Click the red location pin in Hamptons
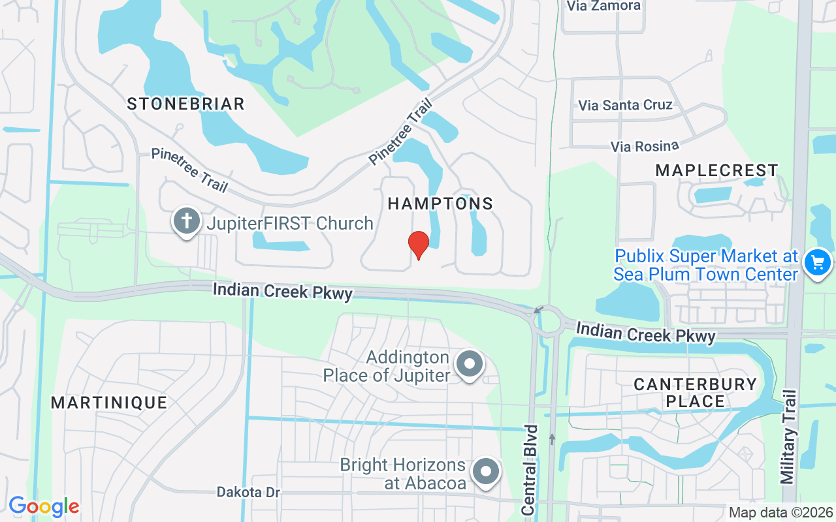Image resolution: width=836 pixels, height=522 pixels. click(x=419, y=244)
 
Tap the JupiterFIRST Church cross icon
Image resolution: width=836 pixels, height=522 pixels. click(x=187, y=222)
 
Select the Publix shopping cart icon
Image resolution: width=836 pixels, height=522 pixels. click(x=817, y=263)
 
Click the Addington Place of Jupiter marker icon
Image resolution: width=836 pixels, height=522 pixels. click(x=469, y=364)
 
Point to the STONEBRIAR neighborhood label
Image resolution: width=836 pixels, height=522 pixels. click(x=185, y=104)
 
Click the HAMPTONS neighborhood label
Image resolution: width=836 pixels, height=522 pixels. click(x=440, y=204)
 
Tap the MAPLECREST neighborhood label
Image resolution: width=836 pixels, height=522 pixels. click(x=716, y=170)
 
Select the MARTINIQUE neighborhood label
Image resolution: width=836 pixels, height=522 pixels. click(x=109, y=403)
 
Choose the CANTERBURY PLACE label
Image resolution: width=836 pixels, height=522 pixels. click(x=695, y=392)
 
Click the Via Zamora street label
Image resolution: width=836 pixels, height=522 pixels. click(x=603, y=6)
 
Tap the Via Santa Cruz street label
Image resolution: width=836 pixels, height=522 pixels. click(x=625, y=105)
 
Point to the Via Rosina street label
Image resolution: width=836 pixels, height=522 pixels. click(x=645, y=146)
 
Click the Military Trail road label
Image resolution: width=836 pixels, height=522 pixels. click(x=789, y=437)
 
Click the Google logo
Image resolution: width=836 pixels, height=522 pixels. click(x=44, y=506)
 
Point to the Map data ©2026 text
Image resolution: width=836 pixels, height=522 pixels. click(x=780, y=512)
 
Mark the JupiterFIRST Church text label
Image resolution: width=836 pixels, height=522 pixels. click(x=290, y=223)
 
